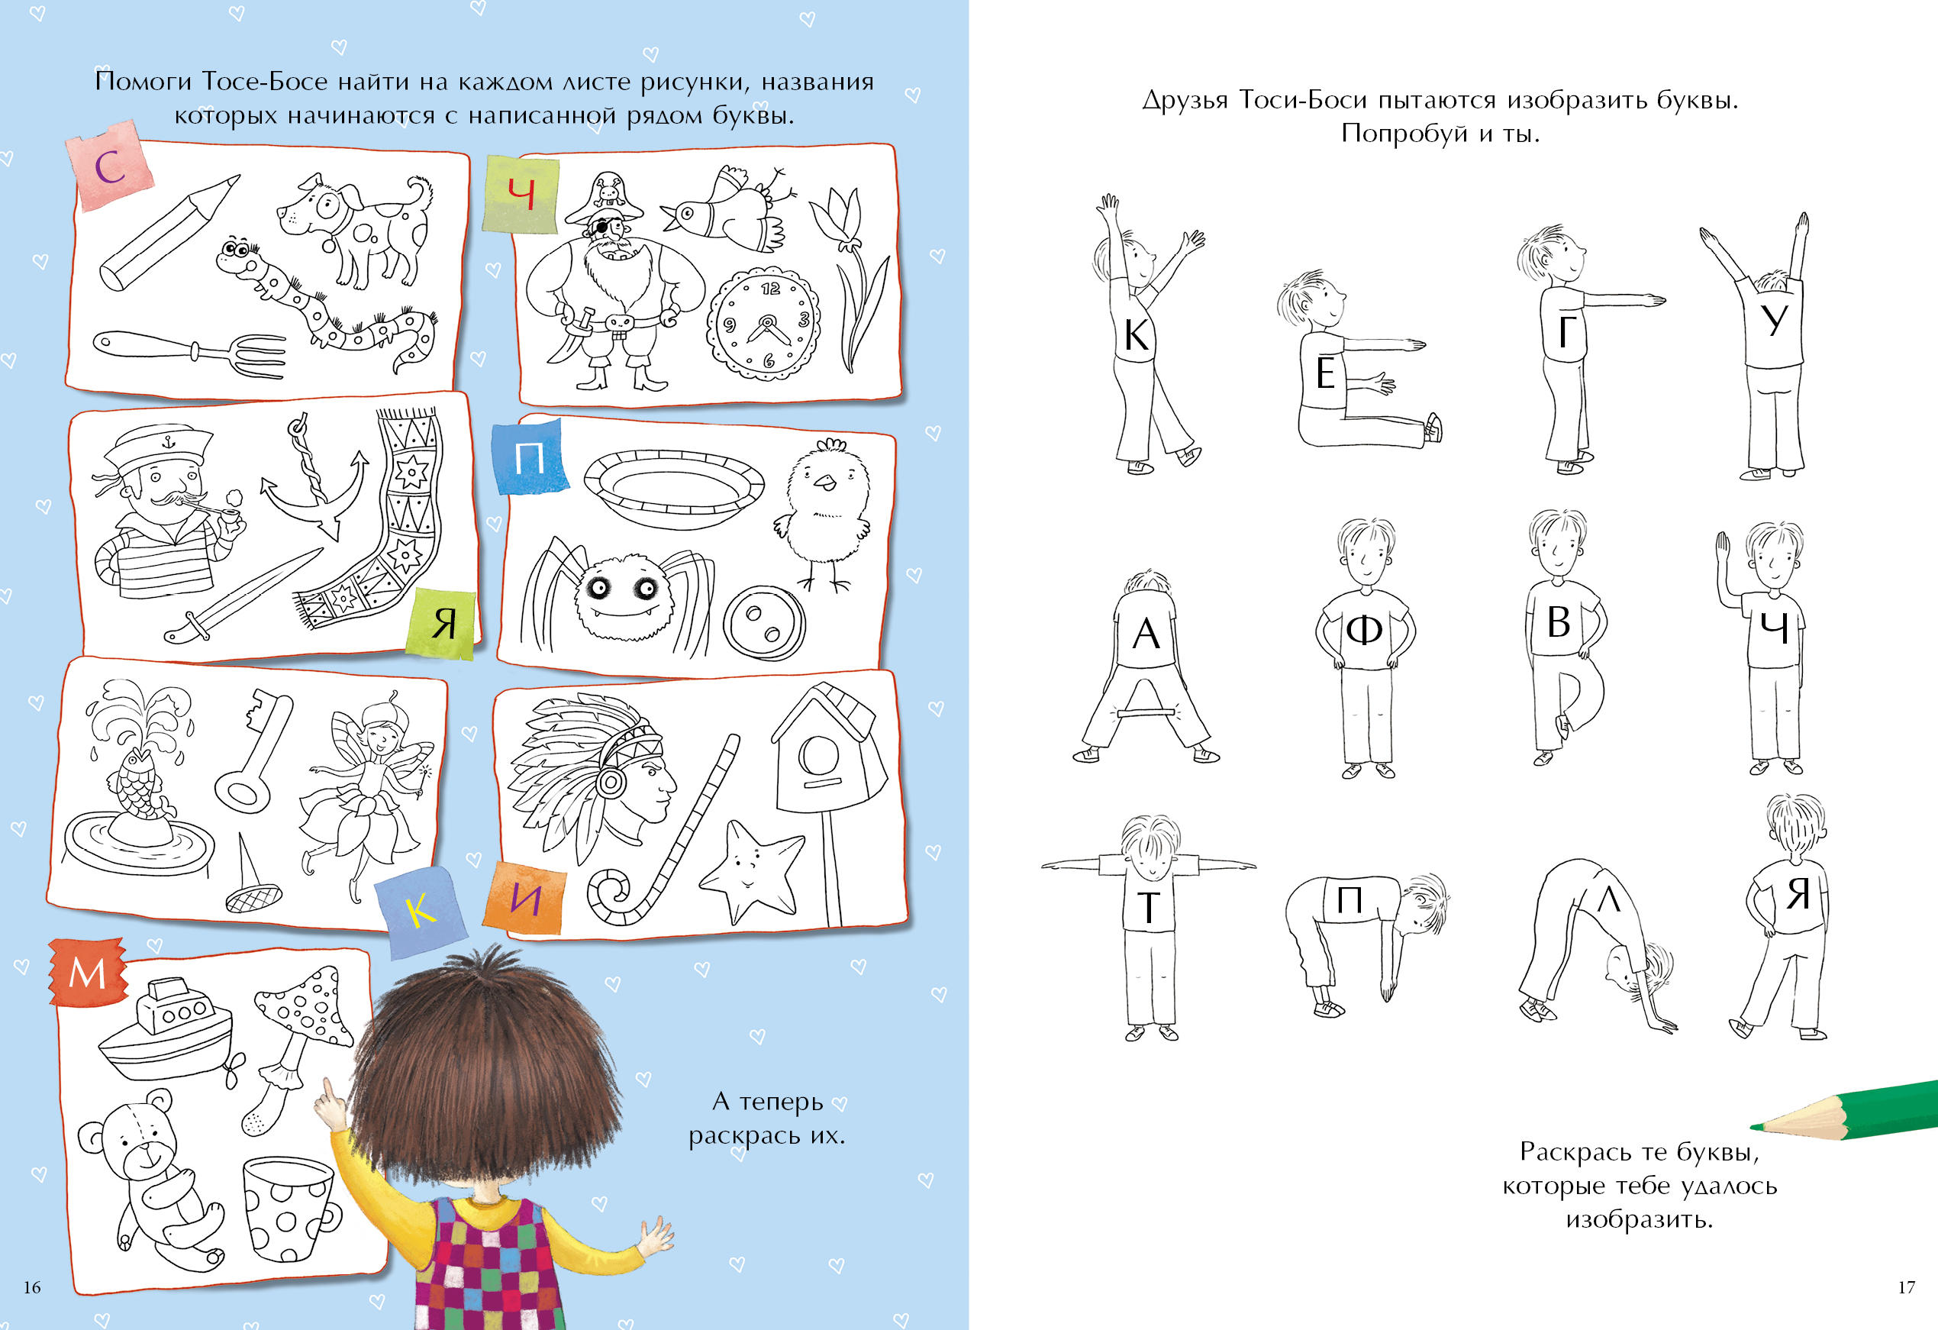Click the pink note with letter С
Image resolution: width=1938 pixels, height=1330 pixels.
click(111, 165)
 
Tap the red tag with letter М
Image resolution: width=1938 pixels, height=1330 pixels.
click(88, 972)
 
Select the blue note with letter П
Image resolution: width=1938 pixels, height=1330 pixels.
click(530, 457)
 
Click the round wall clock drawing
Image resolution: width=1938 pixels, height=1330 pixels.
click(763, 323)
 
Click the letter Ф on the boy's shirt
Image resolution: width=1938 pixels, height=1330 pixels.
click(1364, 630)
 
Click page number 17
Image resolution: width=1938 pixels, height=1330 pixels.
click(1906, 1287)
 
